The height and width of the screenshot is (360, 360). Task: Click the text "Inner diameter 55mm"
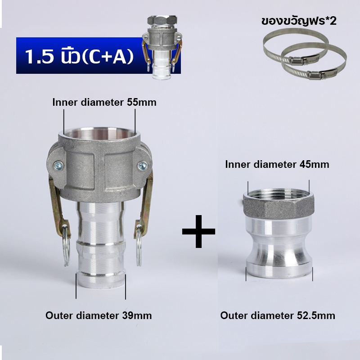pos(104,102)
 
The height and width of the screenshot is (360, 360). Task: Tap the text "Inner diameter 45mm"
pos(277,164)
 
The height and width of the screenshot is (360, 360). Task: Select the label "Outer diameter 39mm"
pos(99,315)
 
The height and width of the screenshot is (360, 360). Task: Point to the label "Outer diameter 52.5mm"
pos(278,315)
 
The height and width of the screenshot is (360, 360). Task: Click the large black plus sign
pos(198,231)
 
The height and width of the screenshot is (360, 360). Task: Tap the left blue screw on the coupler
pos(58,166)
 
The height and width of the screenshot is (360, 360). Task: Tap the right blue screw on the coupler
pos(143,166)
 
